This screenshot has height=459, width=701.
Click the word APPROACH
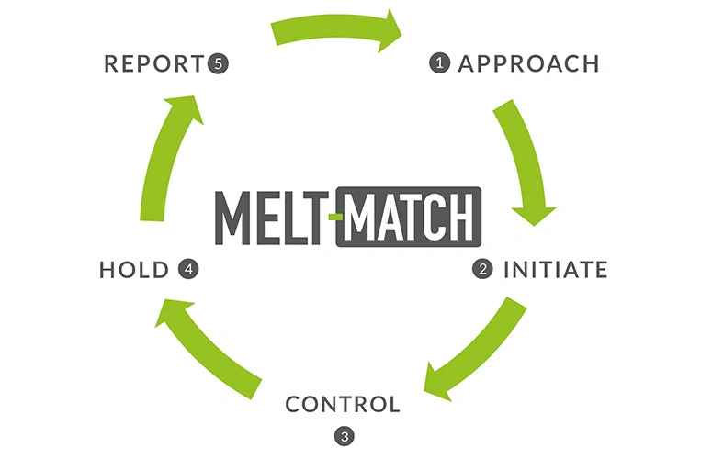(528, 63)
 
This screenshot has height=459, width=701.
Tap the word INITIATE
(556, 270)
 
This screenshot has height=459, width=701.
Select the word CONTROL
(343, 405)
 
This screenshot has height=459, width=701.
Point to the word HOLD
(134, 270)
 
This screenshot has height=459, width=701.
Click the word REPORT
(154, 63)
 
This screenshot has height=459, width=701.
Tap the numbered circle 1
(439, 62)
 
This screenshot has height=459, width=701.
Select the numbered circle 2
(482, 269)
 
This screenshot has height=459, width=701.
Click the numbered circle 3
(345, 436)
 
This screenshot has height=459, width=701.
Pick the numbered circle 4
(188, 269)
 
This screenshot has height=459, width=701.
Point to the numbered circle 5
(218, 63)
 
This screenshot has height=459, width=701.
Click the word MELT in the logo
(269, 218)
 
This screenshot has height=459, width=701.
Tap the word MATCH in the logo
(409, 218)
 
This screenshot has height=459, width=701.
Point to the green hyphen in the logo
(335, 218)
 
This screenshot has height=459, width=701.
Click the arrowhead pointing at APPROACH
(390, 30)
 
